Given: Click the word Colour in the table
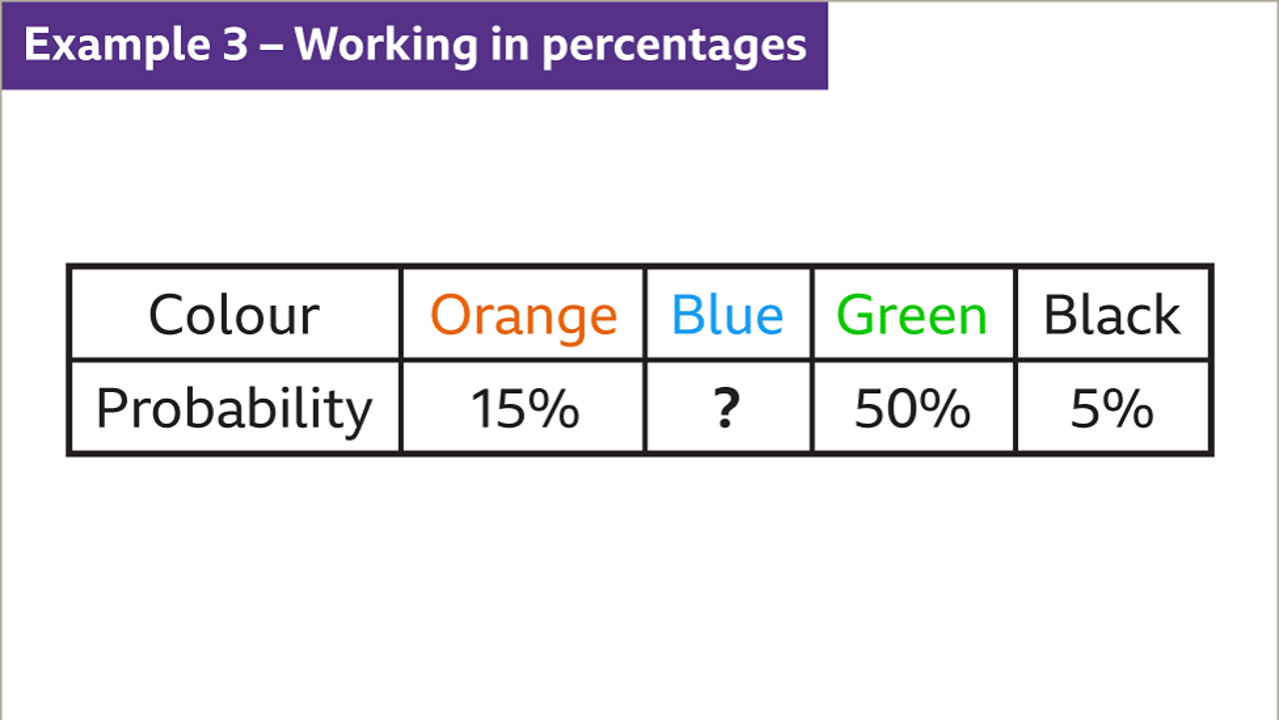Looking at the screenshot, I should click(x=234, y=315).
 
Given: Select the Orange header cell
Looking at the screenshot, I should click(x=524, y=315).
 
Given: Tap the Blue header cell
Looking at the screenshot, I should click(x=727, y=315).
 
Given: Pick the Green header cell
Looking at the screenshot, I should click(x=911, y=315).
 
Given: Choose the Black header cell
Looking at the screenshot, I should click(x=1111, y=315).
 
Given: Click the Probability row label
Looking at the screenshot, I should click(x=234, y=409).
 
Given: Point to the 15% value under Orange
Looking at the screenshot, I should click(x=525, y=409).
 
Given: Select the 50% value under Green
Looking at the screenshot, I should click(x=912, y=409).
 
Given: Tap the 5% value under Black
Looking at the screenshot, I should click(x=1112, y=409).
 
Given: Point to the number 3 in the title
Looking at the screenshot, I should click(x=234, y=45).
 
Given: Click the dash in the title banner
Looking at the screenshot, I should click(x=271, y=46).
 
